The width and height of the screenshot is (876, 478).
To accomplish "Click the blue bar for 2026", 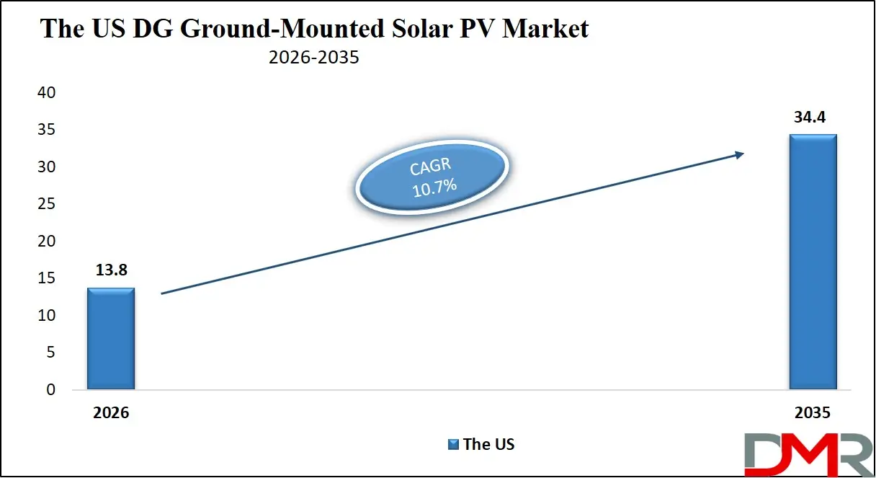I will [111, 339].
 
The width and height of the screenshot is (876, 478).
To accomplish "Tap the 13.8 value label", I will [111, 271].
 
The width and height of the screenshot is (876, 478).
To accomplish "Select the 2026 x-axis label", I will [111, 413].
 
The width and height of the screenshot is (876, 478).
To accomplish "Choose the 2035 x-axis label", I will [813, 413].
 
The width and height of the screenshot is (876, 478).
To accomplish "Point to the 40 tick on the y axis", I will [46, 93].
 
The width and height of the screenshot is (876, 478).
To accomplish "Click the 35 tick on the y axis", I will [46, 130].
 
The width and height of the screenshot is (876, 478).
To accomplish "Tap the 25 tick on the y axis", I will [46, 205].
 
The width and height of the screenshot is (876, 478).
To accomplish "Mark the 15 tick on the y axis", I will [46, 279].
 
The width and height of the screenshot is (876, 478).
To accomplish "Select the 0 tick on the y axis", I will [50, 390].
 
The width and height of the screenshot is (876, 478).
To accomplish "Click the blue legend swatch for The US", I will [453, 444].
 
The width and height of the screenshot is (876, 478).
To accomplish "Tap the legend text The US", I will [488, 444].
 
